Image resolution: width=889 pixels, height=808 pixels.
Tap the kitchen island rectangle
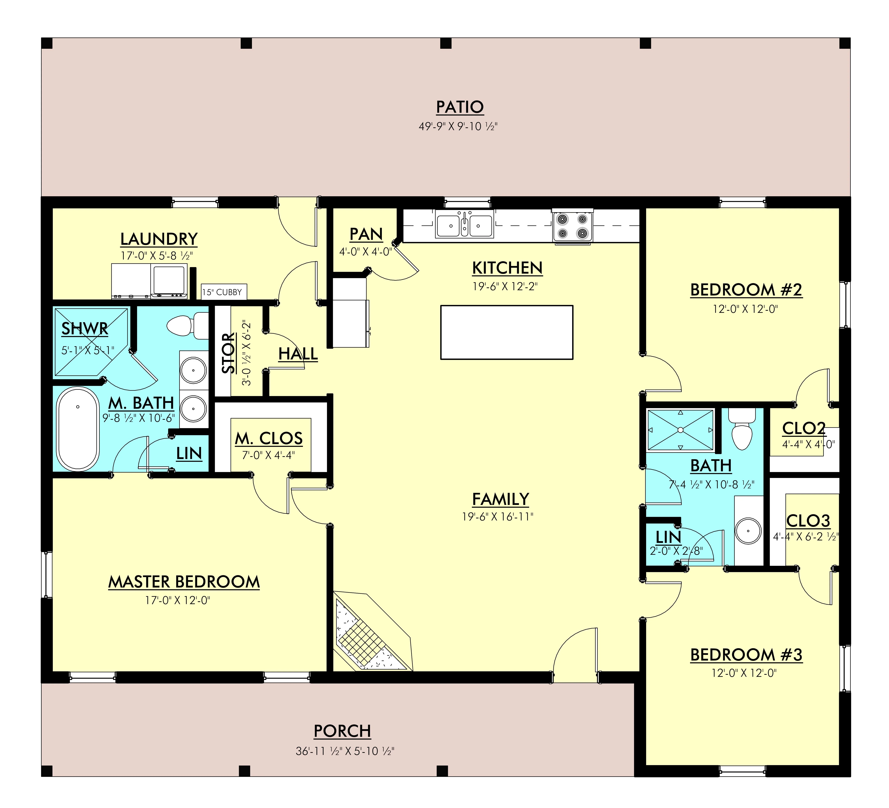click(507, 332)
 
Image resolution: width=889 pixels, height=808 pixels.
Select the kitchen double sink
click(464, 224)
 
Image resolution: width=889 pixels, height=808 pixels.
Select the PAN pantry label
click(366, 234)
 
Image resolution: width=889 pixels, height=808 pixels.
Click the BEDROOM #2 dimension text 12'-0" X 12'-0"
click(745, 309)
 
